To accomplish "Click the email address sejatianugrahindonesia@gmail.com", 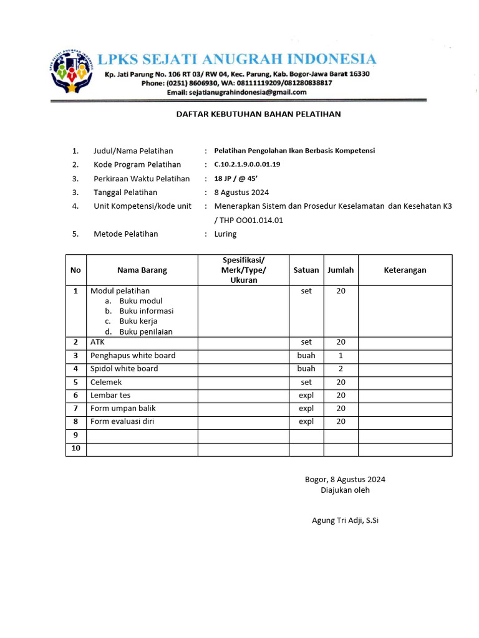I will [236, 92].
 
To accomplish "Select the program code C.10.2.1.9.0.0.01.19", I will [247, 164].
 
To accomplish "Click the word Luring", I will [225, 234].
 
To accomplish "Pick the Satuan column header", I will [306, 270].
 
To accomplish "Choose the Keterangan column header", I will [405, 270].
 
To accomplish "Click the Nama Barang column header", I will [142, 270].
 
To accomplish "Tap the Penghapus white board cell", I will [133, 356].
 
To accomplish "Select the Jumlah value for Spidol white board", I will [341, 369].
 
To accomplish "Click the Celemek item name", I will [106, 382].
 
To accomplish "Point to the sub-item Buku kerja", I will [138, 321].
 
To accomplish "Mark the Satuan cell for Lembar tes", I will [306, 396].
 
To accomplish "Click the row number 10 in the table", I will [76, 449].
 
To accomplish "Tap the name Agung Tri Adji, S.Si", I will [345, 520].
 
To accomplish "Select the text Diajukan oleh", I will [345, 490].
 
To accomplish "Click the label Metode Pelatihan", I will [126, 234].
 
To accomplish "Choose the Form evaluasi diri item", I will [122, 422].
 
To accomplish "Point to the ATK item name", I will [98, 342].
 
